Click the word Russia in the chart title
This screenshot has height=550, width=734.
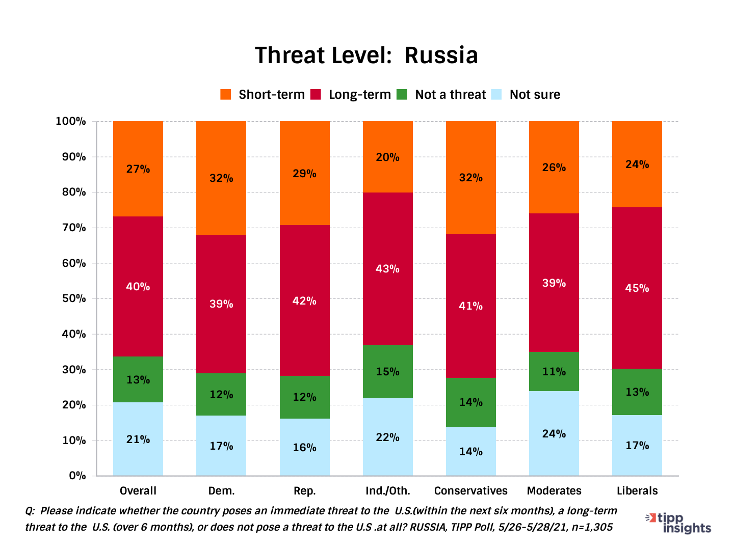point(441,56)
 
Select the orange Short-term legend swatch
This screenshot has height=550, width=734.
point(225,95)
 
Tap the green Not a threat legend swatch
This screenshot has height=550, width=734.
point(402,95)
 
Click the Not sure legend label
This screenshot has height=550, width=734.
point(535,95)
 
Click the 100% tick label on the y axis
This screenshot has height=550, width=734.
point(71,121)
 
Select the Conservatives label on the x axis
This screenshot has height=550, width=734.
point(470,491)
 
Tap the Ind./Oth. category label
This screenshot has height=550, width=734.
point(387,491)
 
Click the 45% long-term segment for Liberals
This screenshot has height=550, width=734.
point(637,288)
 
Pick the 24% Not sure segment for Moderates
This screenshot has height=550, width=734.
point(554,434)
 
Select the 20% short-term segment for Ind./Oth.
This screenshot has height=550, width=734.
point(387,157)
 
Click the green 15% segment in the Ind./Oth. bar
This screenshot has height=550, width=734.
point(387,372)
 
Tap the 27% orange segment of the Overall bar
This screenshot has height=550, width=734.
point(138,169)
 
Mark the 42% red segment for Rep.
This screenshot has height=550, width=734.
point(304,301)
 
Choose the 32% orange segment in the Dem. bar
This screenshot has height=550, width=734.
point(221,178)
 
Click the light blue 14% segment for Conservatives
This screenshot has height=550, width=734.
point(470,452)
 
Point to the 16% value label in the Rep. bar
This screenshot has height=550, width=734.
point(304,448)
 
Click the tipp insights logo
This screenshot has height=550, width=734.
point(679,523)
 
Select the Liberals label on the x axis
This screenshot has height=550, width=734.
point(637,491)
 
